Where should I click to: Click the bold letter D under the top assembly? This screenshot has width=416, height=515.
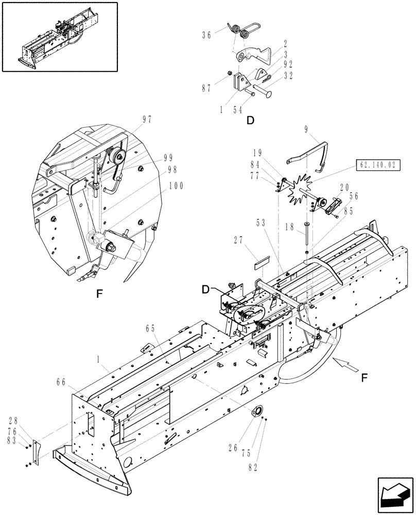(250, 121)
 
